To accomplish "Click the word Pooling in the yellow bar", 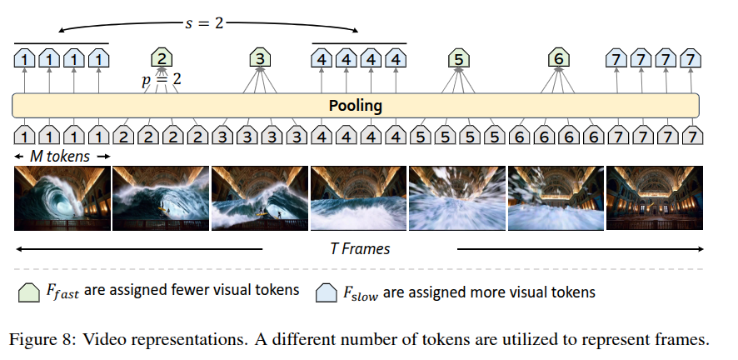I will [355, 106].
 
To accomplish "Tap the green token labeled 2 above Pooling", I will [162, 58].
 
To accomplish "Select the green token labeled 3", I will [261, 58].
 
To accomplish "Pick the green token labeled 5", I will [458, 58].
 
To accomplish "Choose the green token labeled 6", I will [558, 58].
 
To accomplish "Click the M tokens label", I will [62, 156].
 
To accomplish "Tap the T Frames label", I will [360, 248].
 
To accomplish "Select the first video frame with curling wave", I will [62, 197].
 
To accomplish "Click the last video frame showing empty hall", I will [656, 197].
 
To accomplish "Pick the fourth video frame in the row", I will [359, 197].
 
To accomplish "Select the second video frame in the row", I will [161, 197].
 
